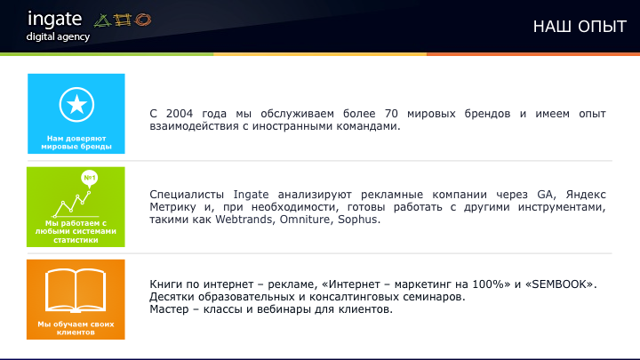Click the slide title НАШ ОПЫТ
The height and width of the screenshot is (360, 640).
pyautogui.click(x=580, y=27)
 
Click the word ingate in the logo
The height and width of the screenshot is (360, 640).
pyautogui.click(x=55, y=19)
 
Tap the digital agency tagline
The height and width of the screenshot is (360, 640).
pyautogui.click(x=59, y=36)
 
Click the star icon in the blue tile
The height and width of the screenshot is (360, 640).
pyautogui.click(x=76, y=106)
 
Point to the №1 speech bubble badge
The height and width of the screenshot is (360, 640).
pyautogui.click(x=90, y=179)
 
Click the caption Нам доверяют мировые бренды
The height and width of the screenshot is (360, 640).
pyautogui.click(x=76, y=142)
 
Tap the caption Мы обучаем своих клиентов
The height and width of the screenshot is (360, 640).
pyautogui.click(x=76, y=328)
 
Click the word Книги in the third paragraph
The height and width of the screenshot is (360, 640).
pyautogui.click(x=166, y=284)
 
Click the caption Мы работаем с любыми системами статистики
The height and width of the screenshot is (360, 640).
pyautogui.click(x=76, y=231)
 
